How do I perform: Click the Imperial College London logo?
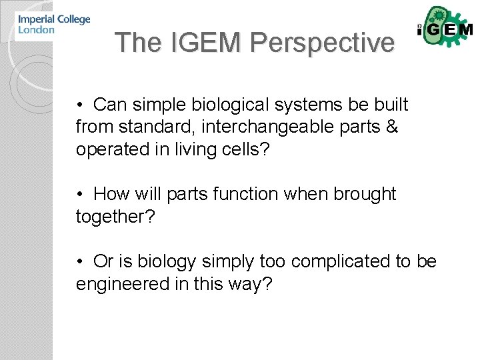coord(53,25)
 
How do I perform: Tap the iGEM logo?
coord(445,29)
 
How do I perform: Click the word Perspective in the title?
coord(322,43)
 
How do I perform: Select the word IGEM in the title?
coord(202,43)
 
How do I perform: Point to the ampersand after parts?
coord(392,127)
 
